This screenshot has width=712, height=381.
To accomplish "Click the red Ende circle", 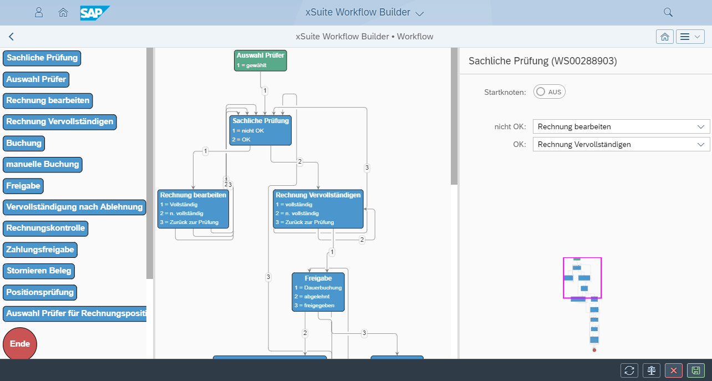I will click(20, 344).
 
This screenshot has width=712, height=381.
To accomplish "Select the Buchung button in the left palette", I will click(24, 143).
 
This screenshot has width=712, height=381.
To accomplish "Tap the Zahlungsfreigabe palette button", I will click(40, 250).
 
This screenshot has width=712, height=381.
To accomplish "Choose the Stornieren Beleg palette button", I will click(39, 271).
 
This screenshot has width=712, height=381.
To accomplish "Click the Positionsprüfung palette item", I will click(40, 292).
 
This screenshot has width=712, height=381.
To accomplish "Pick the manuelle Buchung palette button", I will click(43, 164).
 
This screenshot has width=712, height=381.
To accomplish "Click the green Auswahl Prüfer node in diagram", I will click(260, 60).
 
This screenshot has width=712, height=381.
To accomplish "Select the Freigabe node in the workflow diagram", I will click(318, 292).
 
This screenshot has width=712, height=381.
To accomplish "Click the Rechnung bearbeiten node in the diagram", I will click(193, 209).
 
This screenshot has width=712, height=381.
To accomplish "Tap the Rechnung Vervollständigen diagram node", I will click(318, 209).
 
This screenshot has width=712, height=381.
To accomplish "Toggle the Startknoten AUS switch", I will click(549, 92).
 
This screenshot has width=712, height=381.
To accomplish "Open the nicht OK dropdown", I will click(621, 126).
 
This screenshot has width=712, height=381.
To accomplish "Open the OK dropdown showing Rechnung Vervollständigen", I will click(621, 144).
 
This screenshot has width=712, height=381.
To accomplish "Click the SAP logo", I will click(95, 12).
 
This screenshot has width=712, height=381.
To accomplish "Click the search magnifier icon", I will click(668, 12).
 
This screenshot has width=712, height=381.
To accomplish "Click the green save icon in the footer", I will click(695, 370).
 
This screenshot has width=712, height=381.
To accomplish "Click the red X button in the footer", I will click(673, 370).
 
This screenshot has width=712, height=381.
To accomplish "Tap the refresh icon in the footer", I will click(629, 370).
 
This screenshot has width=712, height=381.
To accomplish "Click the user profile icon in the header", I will click(39, 12).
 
